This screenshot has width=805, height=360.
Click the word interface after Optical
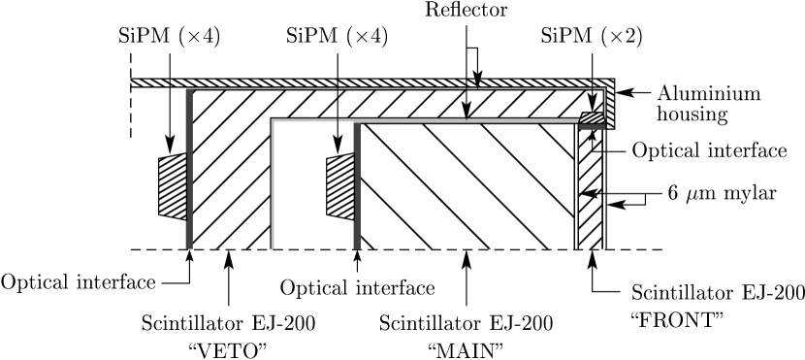392,288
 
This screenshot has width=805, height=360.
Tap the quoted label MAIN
467,349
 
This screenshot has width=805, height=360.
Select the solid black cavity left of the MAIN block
314,184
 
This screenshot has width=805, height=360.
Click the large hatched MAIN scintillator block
466,184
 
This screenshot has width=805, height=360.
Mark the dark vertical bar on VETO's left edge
189,175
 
